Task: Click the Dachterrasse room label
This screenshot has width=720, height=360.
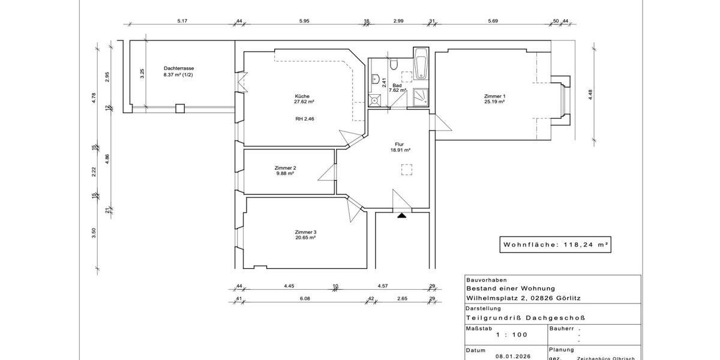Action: point(178,68)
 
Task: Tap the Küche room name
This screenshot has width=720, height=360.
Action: point(302,97)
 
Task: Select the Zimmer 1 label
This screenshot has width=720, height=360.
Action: point(495,97)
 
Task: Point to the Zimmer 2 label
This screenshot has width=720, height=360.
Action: point(285,168)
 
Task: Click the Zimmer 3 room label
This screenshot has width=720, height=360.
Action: point(305,232)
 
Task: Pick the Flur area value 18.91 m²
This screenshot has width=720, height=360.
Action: point(400,151)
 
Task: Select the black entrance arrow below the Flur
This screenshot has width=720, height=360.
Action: point(401,214)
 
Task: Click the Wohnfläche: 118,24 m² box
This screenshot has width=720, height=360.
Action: point(555,245)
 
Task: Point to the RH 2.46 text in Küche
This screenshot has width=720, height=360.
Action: point(305,119)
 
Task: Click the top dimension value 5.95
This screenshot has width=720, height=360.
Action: point(304,21)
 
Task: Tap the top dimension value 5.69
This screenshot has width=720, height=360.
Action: point(493,21)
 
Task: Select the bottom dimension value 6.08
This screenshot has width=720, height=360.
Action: point(305,298)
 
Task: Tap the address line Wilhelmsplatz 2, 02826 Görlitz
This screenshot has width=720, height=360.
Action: point(522,298)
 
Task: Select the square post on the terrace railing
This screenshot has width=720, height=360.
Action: point(179,109)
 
